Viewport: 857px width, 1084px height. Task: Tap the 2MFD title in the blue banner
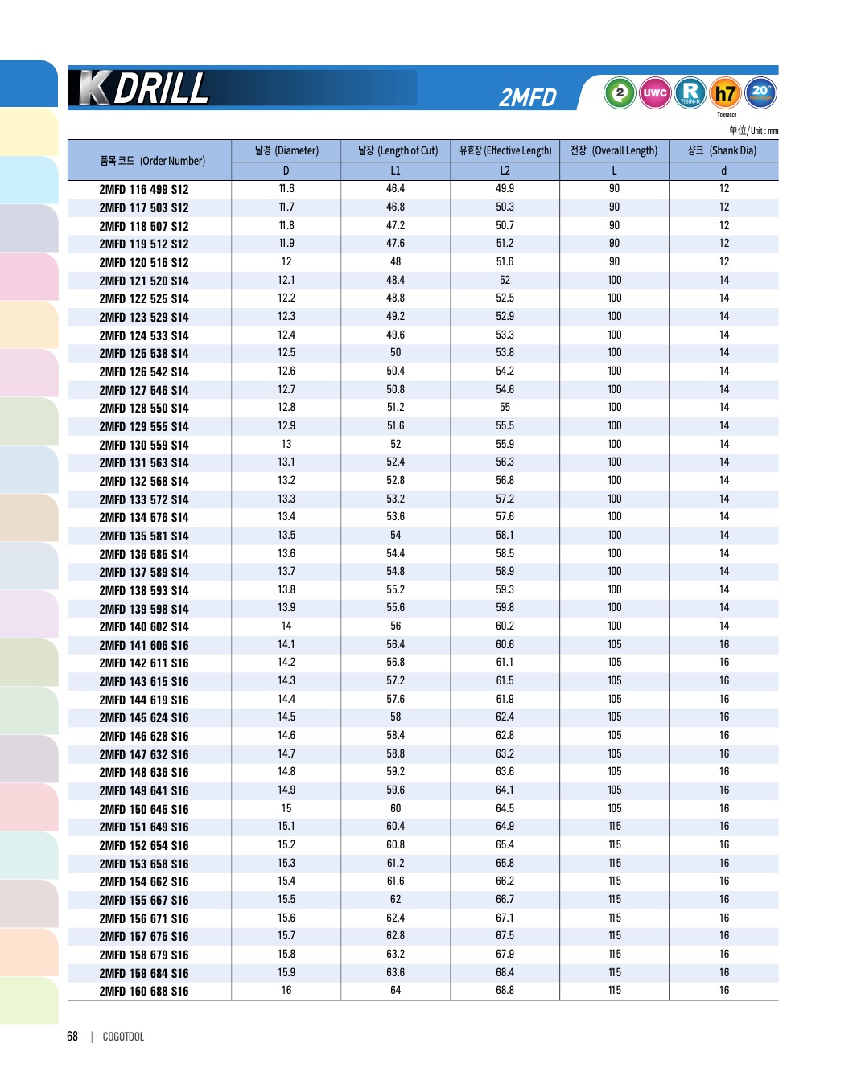(x=528, y=97)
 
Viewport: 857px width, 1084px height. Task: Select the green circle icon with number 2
(x=620, y=93)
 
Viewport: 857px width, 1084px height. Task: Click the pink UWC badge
(x=655, y=93)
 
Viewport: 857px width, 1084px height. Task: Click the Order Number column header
(x=152, y=161)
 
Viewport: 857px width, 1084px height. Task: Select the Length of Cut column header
(x=398, y=150)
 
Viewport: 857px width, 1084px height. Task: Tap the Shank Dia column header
(x=722, y=150)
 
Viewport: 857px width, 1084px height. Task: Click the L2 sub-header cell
(x=505, y=170)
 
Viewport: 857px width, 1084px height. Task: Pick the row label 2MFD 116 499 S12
(x=144, y=190)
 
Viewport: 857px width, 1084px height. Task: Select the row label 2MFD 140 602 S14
(x=144, y=627)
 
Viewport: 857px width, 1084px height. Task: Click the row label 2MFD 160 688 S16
(x=144, y=992)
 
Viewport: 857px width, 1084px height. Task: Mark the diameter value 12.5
(x=286, y=353)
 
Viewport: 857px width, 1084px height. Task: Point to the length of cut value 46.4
(x=395, y=189)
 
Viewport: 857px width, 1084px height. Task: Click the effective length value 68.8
(x=505, y=991)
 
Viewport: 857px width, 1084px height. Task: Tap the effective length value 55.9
(x=505, y=444)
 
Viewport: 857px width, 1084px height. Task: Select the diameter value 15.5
(x=286, y=900)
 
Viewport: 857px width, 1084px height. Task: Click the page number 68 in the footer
(x=72, y=1037)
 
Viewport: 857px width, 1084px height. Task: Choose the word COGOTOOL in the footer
(x=123, y=1037)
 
